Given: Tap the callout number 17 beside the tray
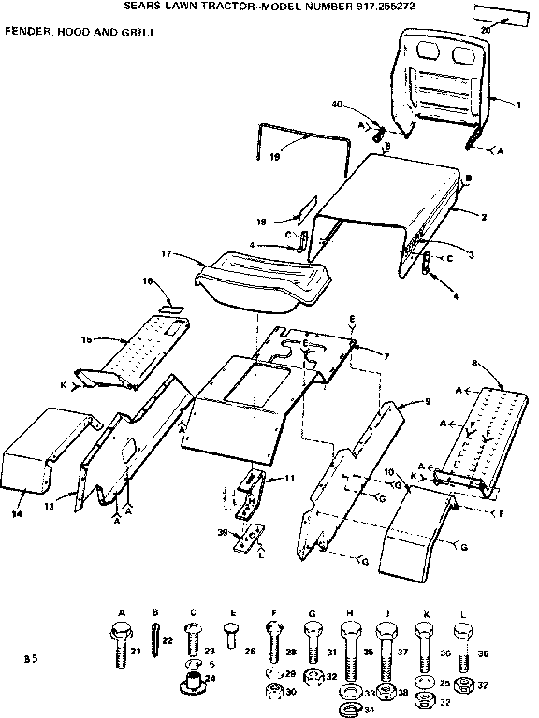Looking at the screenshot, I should [165, 253].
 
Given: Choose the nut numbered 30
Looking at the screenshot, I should [273, 691].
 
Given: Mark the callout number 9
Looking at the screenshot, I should [426, 400].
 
